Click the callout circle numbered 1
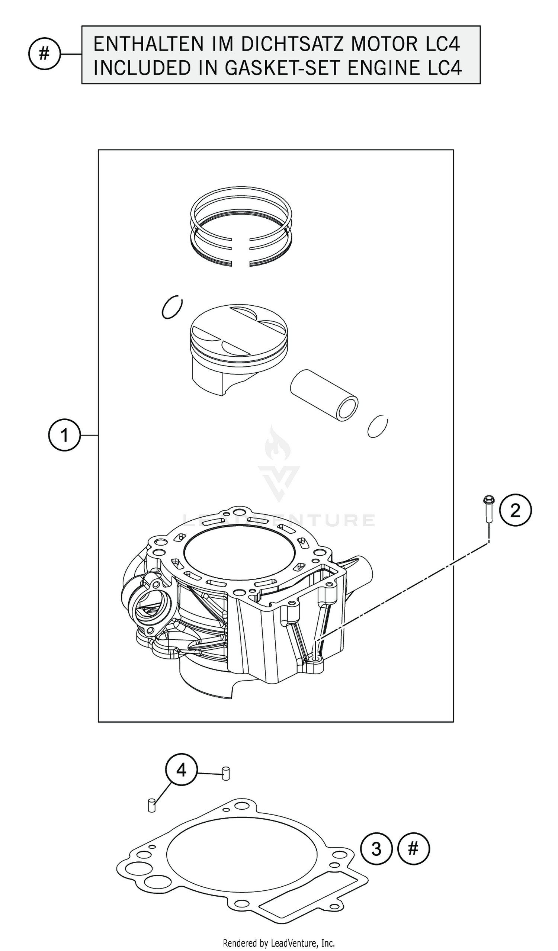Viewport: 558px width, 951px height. pos(64,435)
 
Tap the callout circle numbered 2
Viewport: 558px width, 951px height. pos(515,511)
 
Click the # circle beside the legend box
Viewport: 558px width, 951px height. pos(45,54)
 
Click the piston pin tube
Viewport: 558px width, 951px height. pos(324,395)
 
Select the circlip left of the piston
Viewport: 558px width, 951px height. pos(172,306)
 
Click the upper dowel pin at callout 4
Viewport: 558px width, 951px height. pos(226,773)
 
